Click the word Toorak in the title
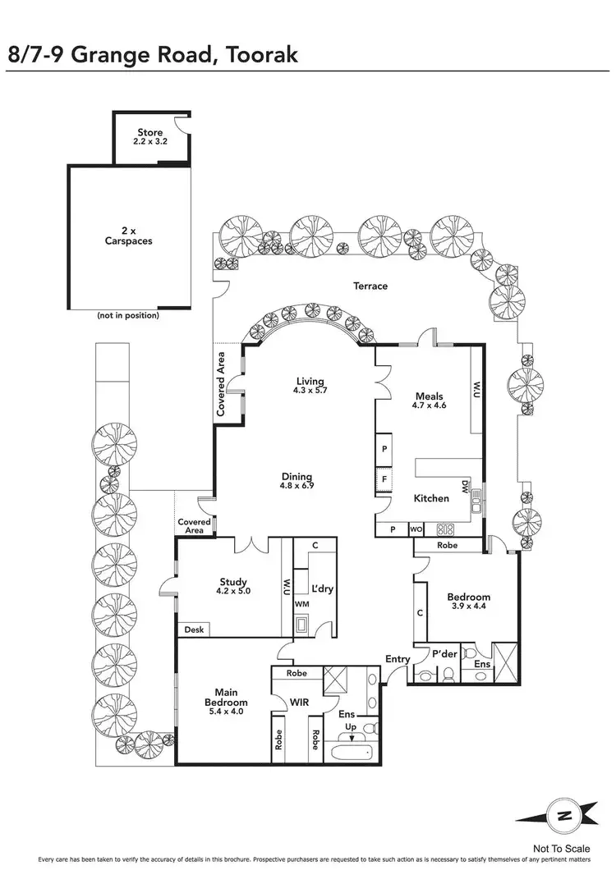pos(255,55)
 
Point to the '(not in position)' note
pos(127,315)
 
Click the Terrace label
pos(370,286)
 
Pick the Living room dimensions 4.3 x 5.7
pos(310,391)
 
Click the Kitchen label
pos(430,498)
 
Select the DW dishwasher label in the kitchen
pos(465,488)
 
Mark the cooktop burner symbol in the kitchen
pos(446,529)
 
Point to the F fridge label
pos(384,478)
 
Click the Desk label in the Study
pos(194,630)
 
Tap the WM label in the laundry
pos(301,604)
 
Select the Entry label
pos(398,659)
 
